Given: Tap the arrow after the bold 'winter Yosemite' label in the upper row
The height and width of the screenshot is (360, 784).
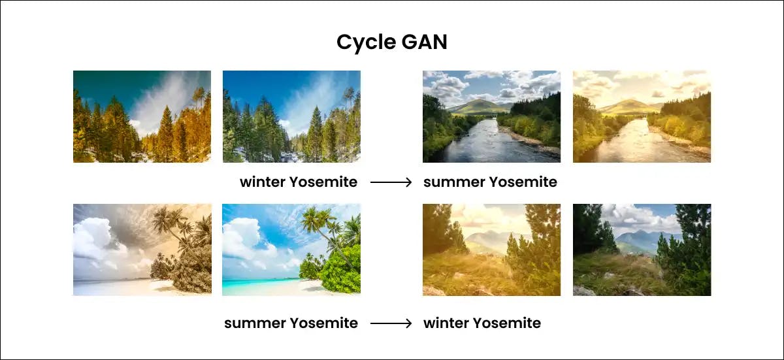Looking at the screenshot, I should pyautogui.click(x=391, y=182).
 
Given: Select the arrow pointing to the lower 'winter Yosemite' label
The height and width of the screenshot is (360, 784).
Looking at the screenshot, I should pyautogui.click(x=391, y=323).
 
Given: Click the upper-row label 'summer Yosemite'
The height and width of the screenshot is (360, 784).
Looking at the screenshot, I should pyautogui.click(x=490, y=182).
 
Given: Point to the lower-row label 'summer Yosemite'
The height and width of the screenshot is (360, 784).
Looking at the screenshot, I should pyautogui.click(x=291, y=323).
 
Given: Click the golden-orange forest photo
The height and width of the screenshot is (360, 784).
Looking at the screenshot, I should pyautogui.click(x=142, y=116).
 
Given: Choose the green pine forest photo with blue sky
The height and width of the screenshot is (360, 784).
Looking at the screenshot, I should pyautogui.click(x=291, y=116).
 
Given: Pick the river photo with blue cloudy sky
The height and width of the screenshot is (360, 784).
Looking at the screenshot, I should pyautogui.click(x=491, y=116).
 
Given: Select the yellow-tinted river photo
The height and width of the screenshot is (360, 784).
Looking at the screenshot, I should pyautogui.click(x=642, y=116).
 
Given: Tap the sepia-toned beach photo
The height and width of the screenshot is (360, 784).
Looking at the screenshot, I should pyautogui.click(x=142, y=250).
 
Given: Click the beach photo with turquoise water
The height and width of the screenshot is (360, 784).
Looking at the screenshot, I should pyautogui.click(x=291, y=250).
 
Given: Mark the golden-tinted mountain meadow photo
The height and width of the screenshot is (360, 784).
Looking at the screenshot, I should pyautogui.click(x=491, y=250).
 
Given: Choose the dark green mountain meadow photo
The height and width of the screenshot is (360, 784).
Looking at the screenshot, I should pyautogui.click(x=642, y=250).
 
